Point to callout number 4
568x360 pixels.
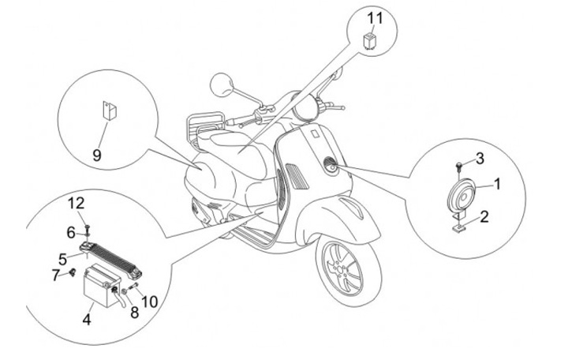[87, 321]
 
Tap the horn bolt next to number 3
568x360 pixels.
[459, 163]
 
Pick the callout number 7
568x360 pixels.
[56, 275]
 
